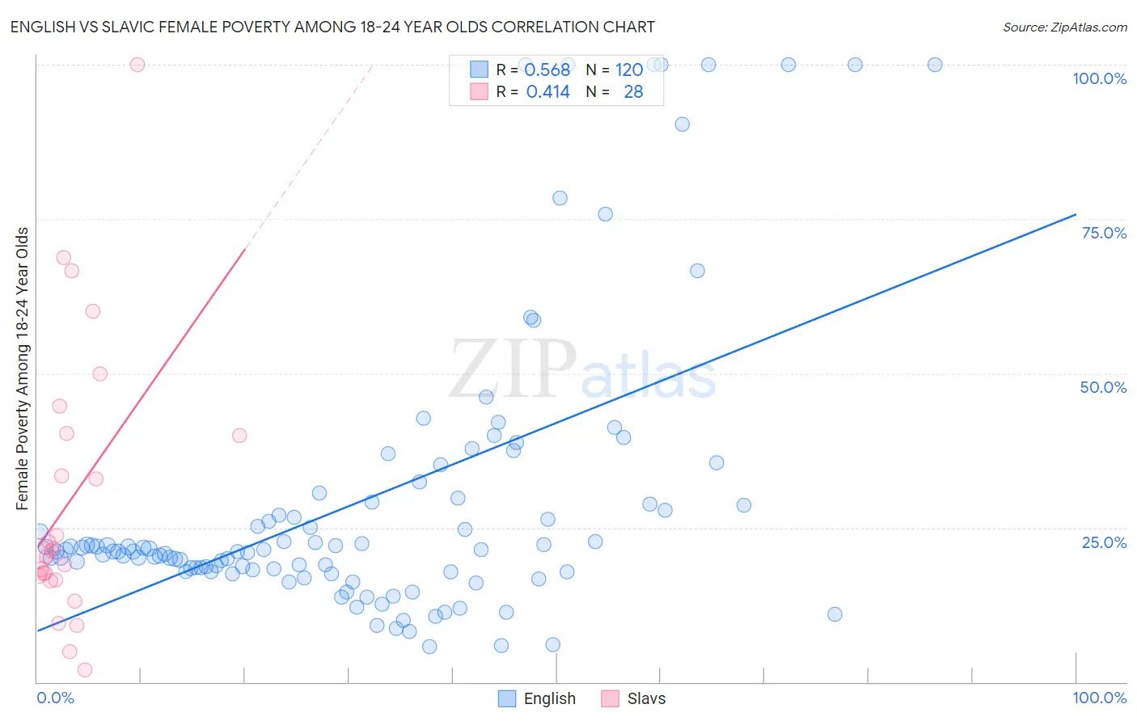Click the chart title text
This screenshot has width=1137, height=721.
tap(332, 27)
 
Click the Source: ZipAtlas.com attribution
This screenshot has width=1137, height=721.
tap(1064, 27)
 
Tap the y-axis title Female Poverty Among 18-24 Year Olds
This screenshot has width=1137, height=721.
tap(22, 369)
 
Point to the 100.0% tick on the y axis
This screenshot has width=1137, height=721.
tap(1099, 78)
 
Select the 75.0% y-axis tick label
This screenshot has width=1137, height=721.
tap(1104, 233)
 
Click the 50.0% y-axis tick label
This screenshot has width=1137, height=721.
tap(1103, 387)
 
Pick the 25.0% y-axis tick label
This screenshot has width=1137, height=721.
tap(1104, 542)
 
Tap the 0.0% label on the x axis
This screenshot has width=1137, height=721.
tap(55, 698)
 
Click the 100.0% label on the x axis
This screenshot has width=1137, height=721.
tap(1099, 698)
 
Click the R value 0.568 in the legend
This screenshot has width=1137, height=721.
tap(547, 70)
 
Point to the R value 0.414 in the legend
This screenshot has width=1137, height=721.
tap(547, 92)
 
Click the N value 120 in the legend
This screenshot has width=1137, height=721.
tap(628, 70)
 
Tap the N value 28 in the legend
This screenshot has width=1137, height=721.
tap(633, 92)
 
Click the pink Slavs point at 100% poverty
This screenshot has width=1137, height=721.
tap(137, 65)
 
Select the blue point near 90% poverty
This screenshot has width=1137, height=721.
tap(683, 124)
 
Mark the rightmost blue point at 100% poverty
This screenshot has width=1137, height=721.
tap(935, 65)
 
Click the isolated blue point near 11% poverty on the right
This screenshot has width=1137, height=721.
tap(835, 614)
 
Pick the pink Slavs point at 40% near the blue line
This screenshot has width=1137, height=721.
tap(239, 436)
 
